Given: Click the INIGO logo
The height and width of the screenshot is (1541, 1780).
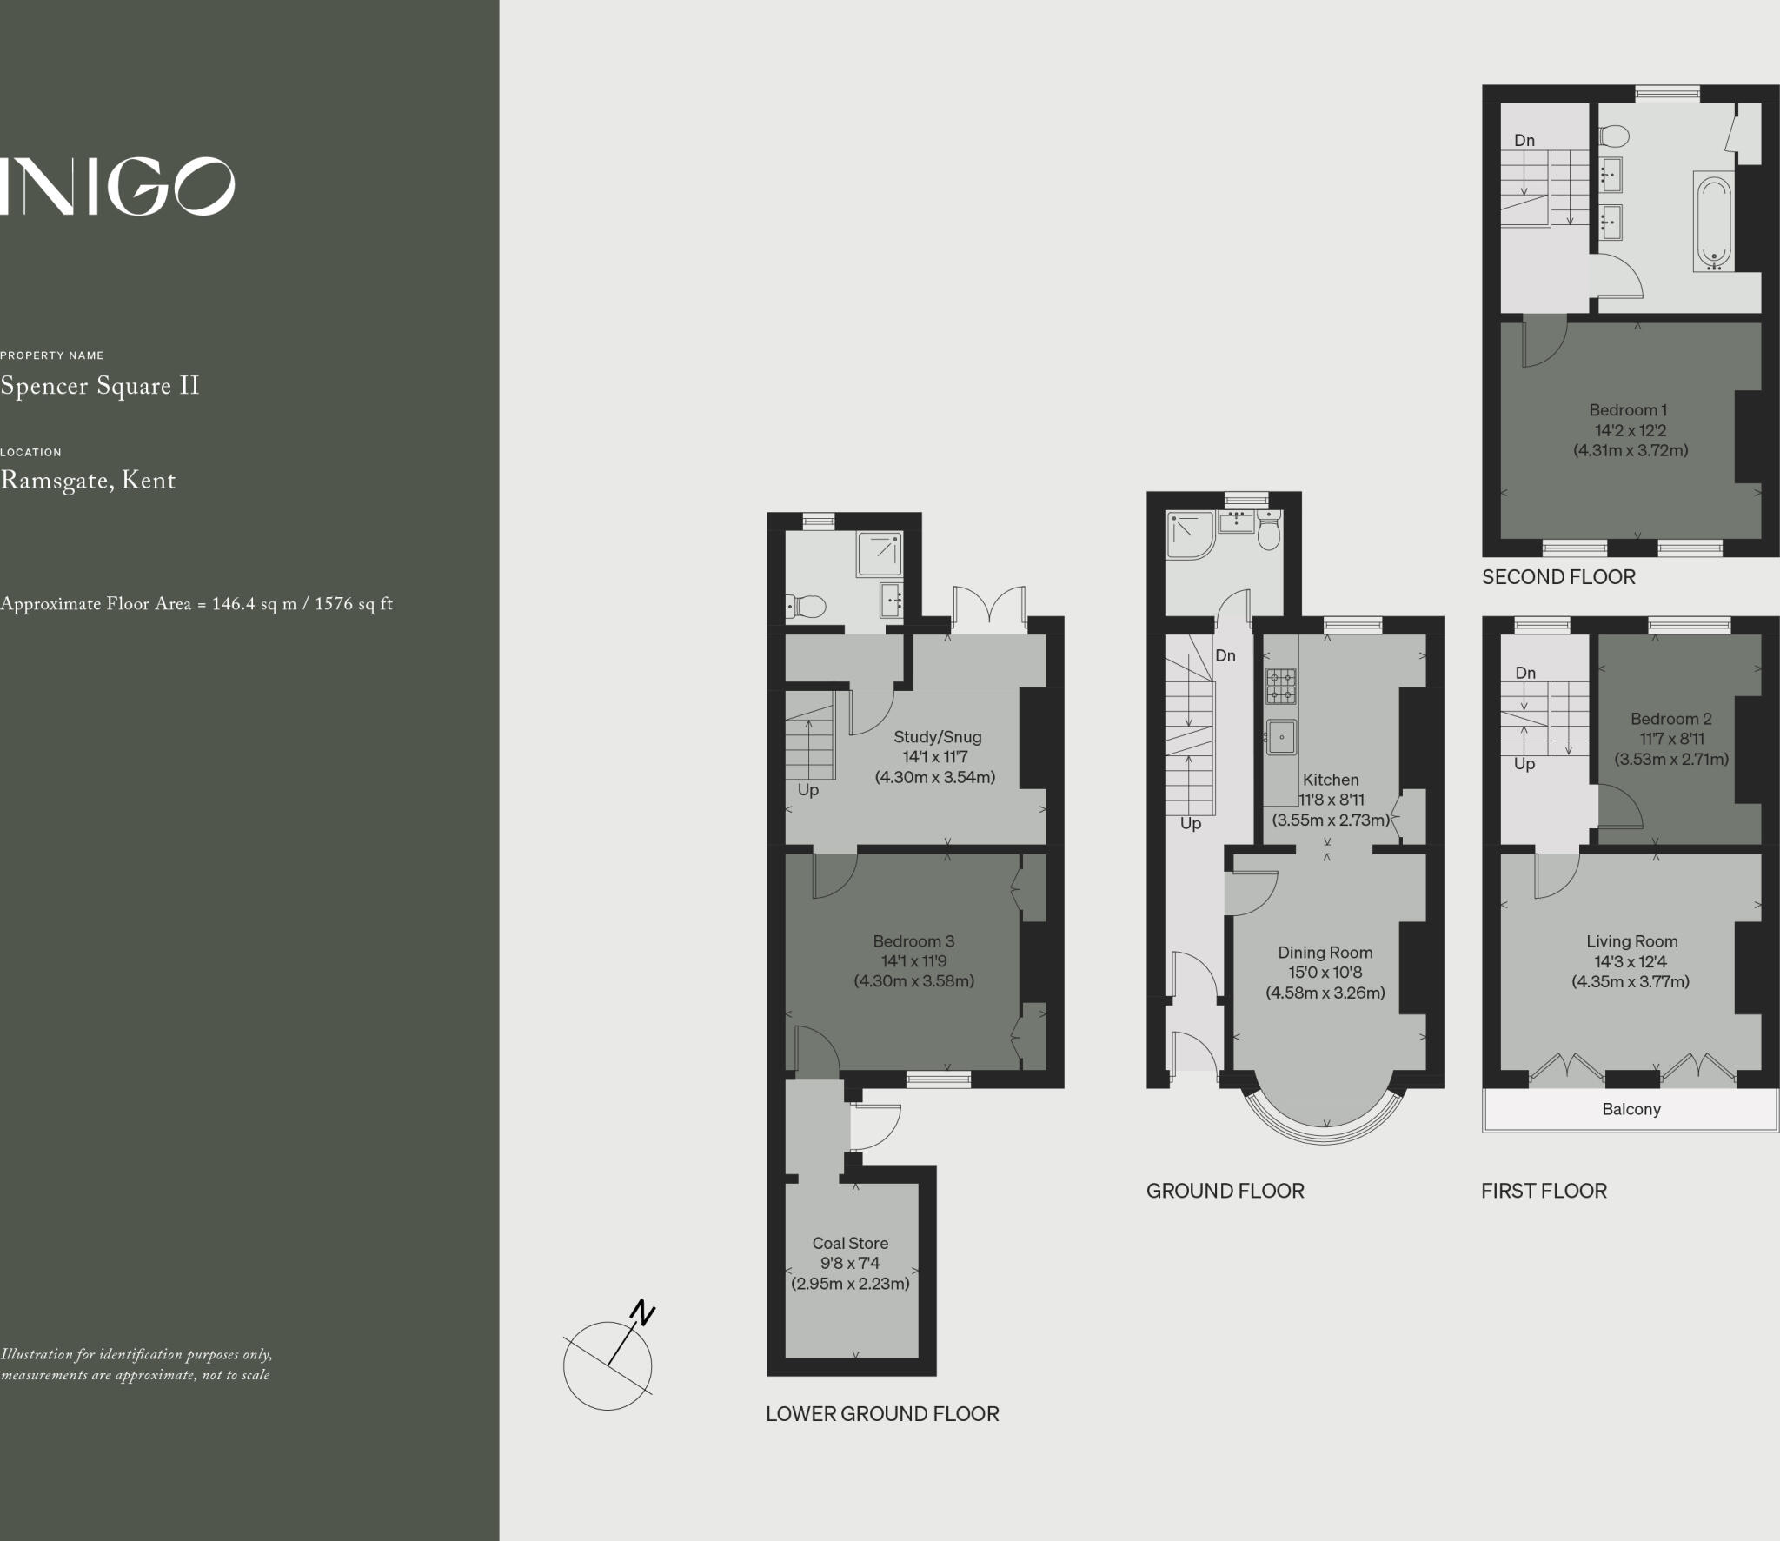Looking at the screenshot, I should coord(117,186).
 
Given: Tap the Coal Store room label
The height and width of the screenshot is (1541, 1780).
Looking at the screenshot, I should coord(850,1243).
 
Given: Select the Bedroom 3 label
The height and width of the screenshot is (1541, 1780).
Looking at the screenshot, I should coord(913,941).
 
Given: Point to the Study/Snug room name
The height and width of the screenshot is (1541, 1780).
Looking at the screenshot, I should coord(937,737).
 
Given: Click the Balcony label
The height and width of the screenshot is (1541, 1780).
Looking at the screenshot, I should coord(1631,1109).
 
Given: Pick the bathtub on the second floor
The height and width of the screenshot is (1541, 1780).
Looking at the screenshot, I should coord(1713,223).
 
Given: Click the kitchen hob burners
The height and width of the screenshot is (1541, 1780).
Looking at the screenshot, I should coord(1280,686).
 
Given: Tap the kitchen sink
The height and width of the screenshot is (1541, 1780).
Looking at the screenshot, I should coord(1281,737).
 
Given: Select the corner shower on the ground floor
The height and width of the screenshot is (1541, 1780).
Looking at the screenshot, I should coord(1189,534).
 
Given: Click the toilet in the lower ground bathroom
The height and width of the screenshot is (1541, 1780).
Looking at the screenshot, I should coord(806,605).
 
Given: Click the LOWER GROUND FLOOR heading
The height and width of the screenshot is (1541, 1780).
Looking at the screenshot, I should coord(882,1414).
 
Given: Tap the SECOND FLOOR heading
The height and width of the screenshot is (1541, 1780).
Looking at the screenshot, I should coord(1558,577).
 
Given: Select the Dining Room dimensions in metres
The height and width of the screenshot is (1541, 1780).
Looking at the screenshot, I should coord(1325,993).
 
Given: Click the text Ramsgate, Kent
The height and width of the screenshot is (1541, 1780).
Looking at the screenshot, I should coord(88,481).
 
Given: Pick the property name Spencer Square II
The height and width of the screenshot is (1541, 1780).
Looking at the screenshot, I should coord(100,386).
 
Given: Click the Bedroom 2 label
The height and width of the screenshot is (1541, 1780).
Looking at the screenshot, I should coord(1670,719).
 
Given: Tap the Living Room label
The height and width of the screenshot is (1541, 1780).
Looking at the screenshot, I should coord(1631,941).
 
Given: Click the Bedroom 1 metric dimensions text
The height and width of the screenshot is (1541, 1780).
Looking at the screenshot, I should coord(1631,450).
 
